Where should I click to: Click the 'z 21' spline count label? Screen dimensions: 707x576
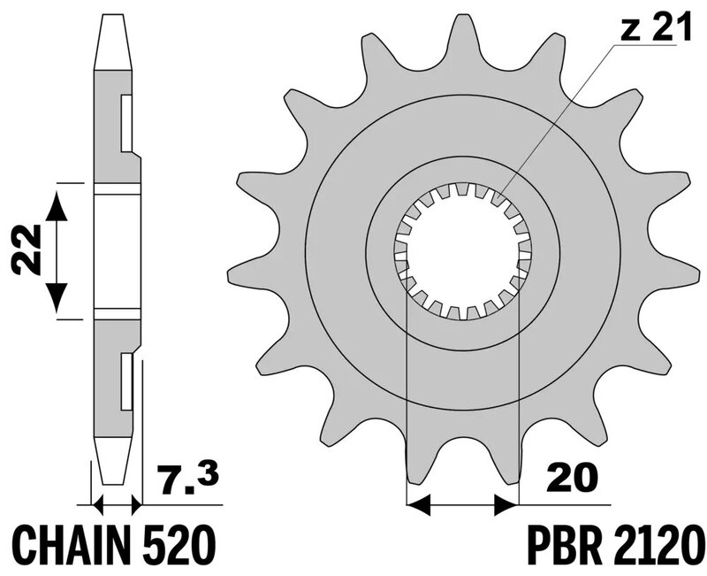(656, 28)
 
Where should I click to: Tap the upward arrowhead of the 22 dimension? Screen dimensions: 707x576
(57, 205)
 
